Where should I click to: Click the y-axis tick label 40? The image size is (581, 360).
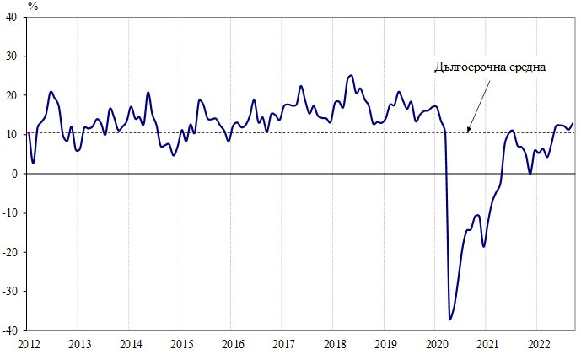(x=16, y=17)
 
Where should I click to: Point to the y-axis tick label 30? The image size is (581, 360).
(x=16, y=56)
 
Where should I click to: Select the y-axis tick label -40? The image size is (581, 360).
(x=14, y=330)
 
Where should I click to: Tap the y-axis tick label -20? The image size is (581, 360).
(x=14, y=251)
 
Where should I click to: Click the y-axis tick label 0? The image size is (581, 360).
(x=19, y=173)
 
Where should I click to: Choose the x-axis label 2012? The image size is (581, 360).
(x=28, y=344)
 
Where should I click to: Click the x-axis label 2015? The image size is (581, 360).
(x=181, y=344)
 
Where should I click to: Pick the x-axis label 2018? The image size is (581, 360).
(x=335, y=344)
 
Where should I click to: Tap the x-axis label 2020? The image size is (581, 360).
(x=437, y=344)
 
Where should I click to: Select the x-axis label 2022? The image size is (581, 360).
(x=540, y=344)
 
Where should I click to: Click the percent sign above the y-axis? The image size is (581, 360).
(x=32, y=5)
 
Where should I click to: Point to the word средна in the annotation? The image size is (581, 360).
(x=525, y=67)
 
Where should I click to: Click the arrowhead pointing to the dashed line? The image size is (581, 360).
(x=468, y=130)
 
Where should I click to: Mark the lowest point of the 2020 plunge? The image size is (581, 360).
(x=449, y=320)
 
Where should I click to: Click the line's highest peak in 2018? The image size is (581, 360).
(x=351, y=75)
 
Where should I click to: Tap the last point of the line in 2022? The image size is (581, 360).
(x=573, y=124)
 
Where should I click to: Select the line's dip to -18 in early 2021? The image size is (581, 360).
(x=483, y=246)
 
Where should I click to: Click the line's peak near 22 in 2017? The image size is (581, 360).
(x=301, y=86)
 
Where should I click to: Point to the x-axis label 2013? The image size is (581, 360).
(x=79, y=344)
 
